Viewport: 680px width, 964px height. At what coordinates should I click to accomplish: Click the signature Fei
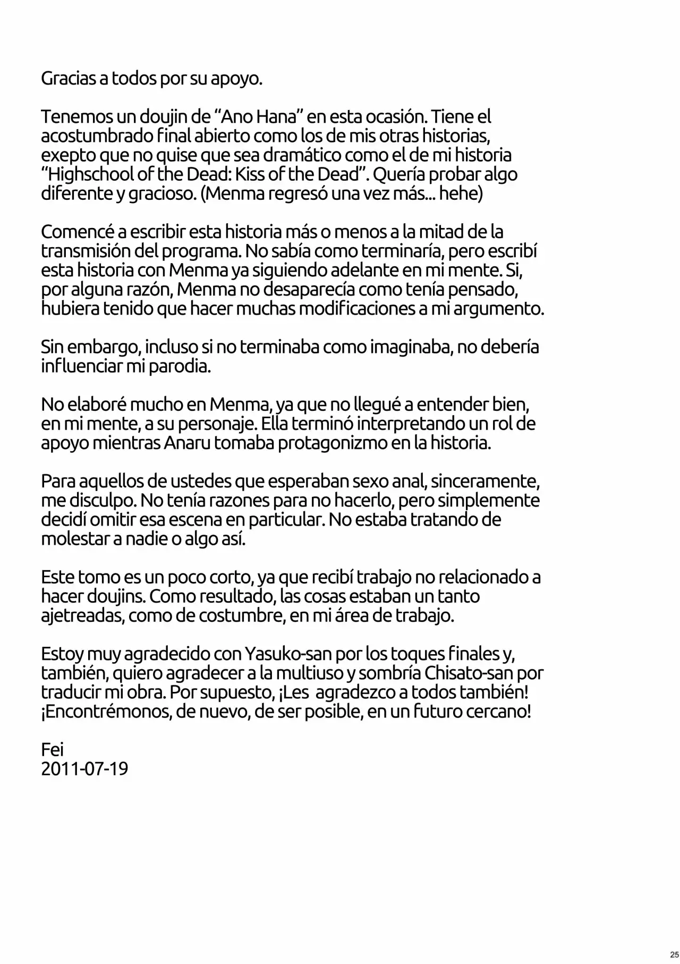[52, 749]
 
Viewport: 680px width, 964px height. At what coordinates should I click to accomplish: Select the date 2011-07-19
[84, 768]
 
